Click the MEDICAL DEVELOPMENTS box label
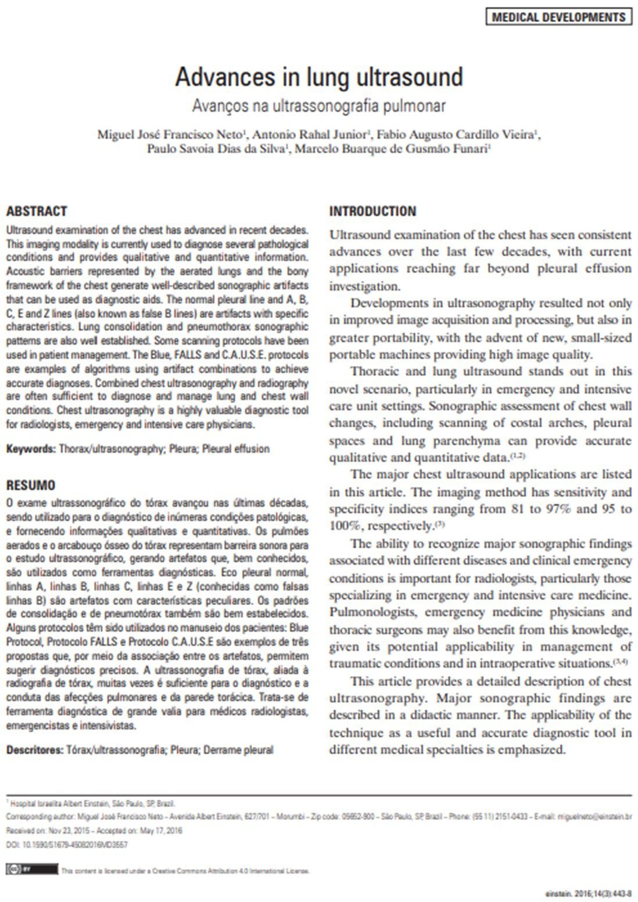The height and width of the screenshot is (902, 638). coord(558,17)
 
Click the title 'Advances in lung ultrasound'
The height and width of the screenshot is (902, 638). coord(319,77)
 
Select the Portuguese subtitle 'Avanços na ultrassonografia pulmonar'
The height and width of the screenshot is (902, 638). coord(319,106)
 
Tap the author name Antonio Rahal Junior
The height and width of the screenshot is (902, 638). coord(310,135)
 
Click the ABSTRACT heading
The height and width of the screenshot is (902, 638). coord(37,211)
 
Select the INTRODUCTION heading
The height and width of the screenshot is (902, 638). coord(372,211)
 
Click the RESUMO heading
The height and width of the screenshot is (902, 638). coord(31,485)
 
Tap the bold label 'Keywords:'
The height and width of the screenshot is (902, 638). coord(31,449)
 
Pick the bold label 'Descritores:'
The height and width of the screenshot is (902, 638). coord(35,750)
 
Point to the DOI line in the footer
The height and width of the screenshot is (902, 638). coord(67,845)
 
